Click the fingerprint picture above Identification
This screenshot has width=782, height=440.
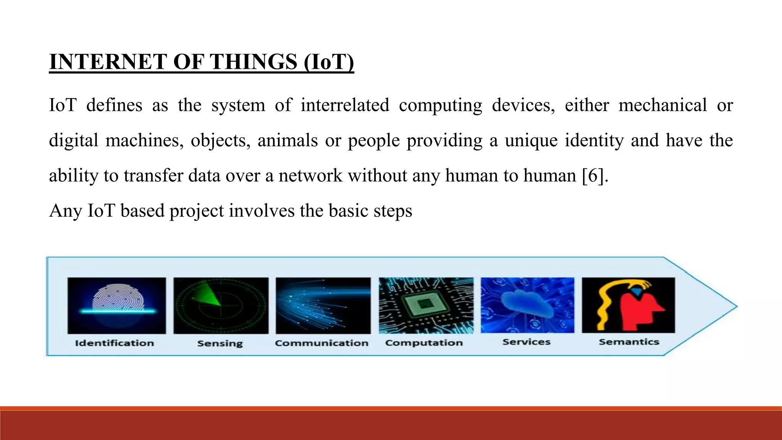pyautogui.click(x=117, y=306)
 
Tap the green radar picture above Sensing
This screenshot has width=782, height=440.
pyautogui.click(x=221, y=306)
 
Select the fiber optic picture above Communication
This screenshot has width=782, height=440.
pyautogui.click(x=323, y=306)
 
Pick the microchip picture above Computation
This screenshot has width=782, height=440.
pyautogui.click(x=426, y=306)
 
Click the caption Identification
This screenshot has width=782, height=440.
pyautogui.click(x=115, y=343)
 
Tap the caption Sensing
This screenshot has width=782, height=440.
pyautogui.click(x=220, y=343)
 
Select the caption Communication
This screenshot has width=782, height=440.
pyautogui.click(x=322, y=343)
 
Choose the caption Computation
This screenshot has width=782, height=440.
pyautogui.click(x=424, y=343)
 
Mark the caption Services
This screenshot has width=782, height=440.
pyautogui.click(x=526, y=342)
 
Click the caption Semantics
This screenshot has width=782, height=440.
pyautogui.click(x=629, y=342)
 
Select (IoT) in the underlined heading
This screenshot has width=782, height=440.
pyautogui.click(x=329, y=62)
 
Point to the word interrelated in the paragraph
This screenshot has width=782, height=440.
pyautogui.click(x=345, y=105)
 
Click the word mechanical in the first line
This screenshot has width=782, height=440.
pyautogui.click(x=662, y=105)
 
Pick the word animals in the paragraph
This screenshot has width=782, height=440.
pyautogui.click(x=288, y=141)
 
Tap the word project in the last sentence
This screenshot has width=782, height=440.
pyautogui.click(x=196, y=211)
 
